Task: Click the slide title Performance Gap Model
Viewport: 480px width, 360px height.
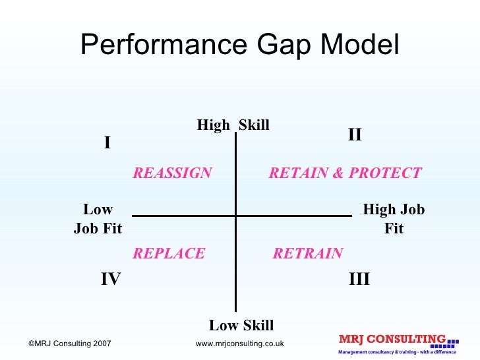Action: (x=239, y=45)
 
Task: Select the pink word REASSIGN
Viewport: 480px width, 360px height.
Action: (x=172, y=173)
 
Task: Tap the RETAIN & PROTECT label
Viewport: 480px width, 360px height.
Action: (x=345, y=173)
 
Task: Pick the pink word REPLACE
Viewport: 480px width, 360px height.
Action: (x=169, y=254)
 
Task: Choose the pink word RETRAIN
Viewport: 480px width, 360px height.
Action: (x=308, y=254)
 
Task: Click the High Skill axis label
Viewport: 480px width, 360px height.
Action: (x=233, y=125)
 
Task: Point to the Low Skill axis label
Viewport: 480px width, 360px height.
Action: (x=241, y=325)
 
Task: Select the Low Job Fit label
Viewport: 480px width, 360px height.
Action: (x=98, y=220)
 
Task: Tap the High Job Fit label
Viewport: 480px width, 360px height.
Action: (x=394, y=220)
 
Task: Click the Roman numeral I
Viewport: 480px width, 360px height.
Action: (x=107, y=143)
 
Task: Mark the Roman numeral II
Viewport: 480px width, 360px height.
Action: (x=355, y=135)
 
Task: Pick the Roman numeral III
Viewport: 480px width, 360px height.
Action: (x=359, y=280)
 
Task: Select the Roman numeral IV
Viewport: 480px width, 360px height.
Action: (x=110, y=280)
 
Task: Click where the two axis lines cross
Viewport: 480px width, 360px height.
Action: (x=236, y=215)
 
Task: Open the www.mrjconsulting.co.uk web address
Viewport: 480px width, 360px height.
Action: (x=240, y=344)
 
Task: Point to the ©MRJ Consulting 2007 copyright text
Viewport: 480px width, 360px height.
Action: (x=70, y=344)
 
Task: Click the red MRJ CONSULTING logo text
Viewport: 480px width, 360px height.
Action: (x=392, y=340)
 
